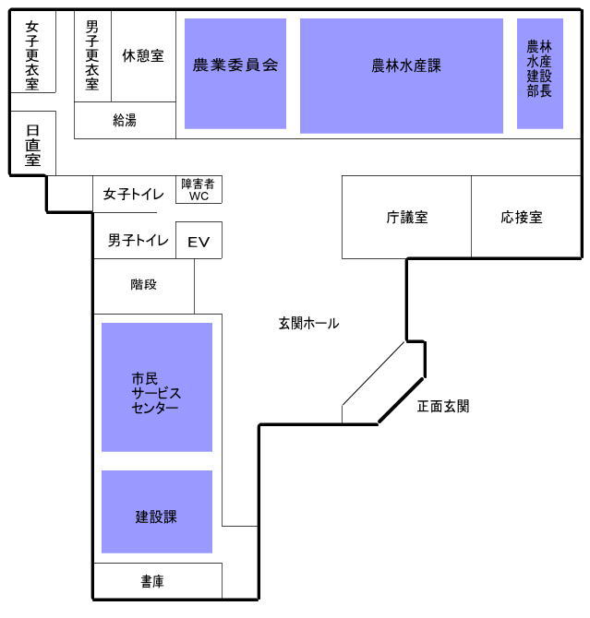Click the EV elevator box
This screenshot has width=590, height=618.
click(x=199, y=240)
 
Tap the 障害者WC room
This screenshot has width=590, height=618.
click(x=199, y=190)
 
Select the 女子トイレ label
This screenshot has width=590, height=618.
click(x=133, y=194)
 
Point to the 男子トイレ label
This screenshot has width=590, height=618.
click(x=138, y=240)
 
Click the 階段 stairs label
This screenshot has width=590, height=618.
click(x=144, y=284)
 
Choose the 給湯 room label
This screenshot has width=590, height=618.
click(x=125, y=120)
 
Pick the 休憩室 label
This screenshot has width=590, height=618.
click(x=143, y=56)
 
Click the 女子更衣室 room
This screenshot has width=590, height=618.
click(x=32, y=52)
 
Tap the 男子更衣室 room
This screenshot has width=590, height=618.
click(x=92, y=56)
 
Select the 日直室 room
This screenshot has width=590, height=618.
click(x=32, y=143)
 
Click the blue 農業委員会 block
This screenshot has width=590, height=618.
click(x=235, y=74)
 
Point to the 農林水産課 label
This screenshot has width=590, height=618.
click(x=406, y=65)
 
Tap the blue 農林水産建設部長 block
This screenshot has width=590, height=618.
click(x=540, y=74)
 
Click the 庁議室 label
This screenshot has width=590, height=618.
click(x=407, y=217)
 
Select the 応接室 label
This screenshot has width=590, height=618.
click(x=522, y=217)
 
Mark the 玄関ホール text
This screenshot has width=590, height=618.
click(x=308, y=323)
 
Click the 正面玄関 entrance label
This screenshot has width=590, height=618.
click(x=443, y=406)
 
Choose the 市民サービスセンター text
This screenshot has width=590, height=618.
click(x=156, y=393)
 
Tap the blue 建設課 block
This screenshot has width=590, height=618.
click(x=157, y=512)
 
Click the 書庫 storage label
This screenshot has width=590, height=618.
click(x=152, y=581)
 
